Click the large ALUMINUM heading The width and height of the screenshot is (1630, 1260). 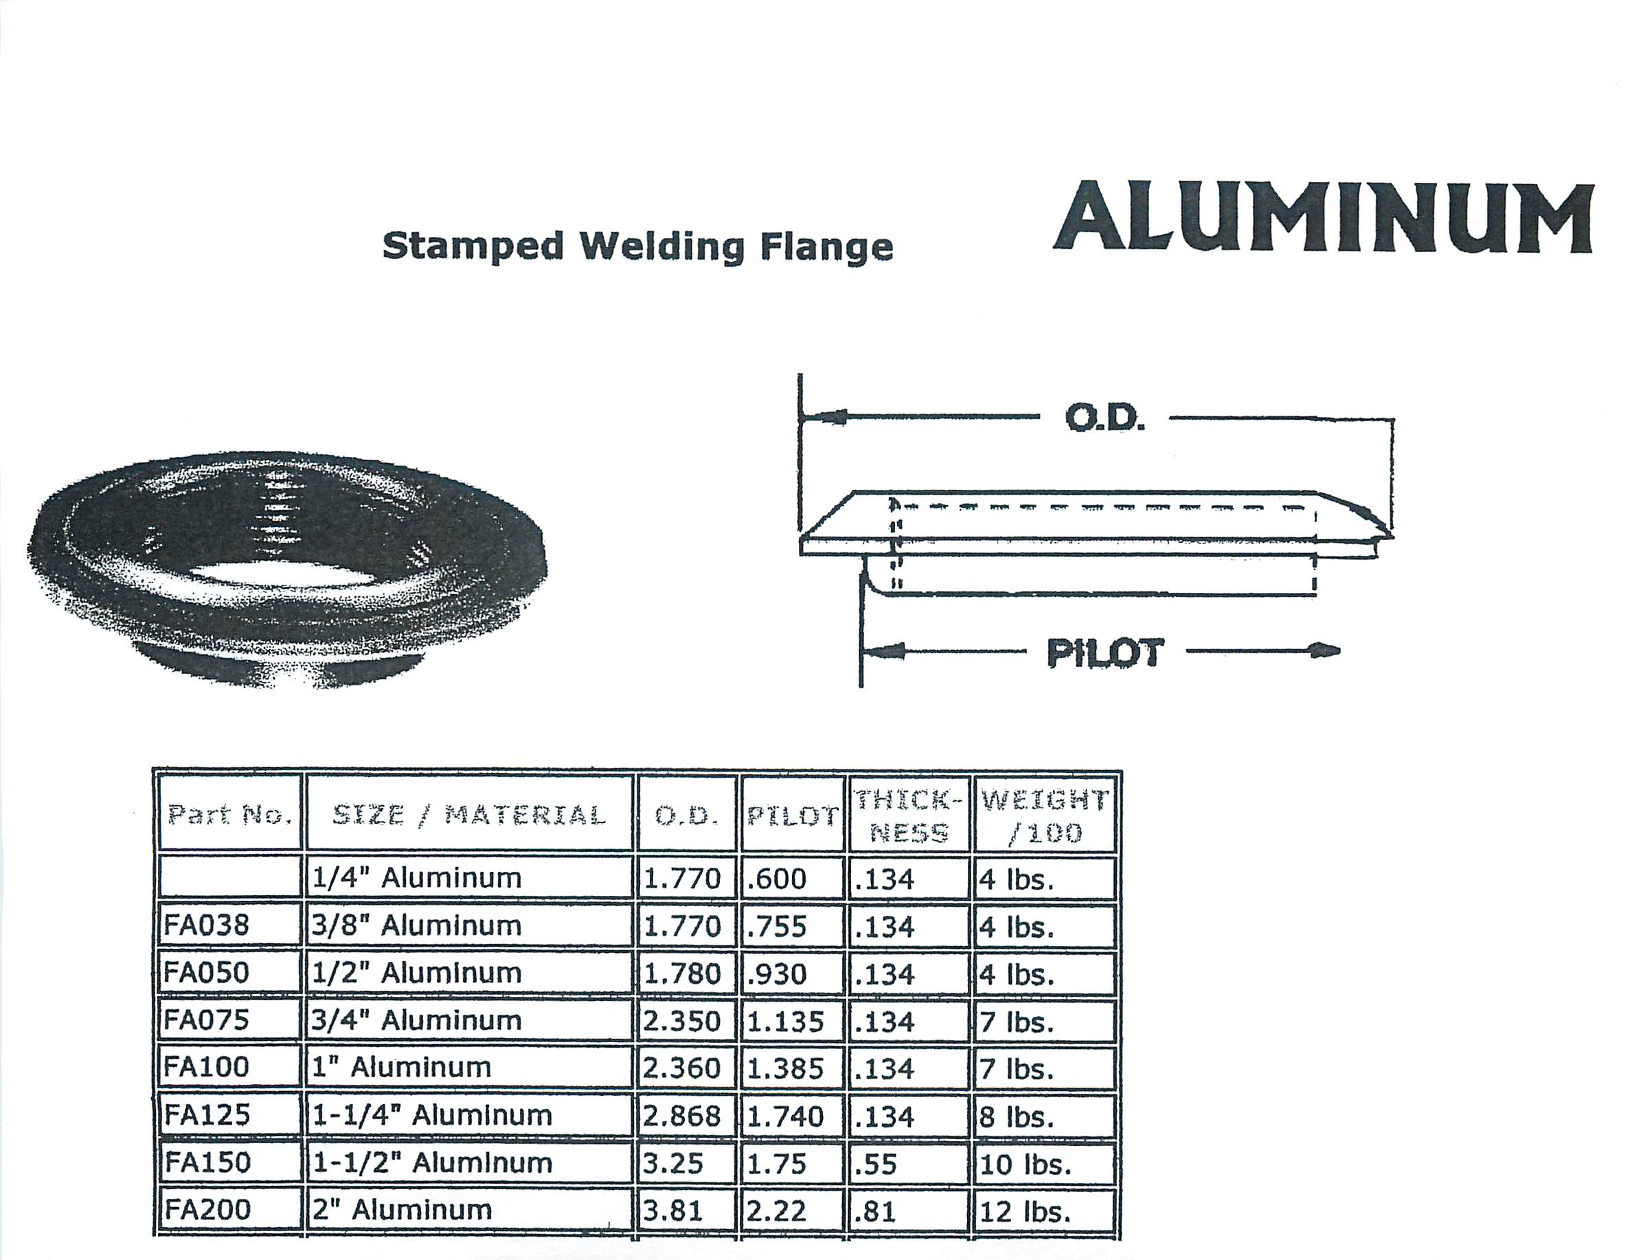[x=1323, y=217]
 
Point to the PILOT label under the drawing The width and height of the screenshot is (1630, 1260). [x=1105, y=653]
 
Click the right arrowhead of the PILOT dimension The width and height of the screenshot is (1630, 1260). [x=1325, y=651]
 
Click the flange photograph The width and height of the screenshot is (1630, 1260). [x=287, y=569]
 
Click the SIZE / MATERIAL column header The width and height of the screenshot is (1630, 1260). [x=468, y=814]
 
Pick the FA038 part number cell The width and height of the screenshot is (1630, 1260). [x=207, y=925]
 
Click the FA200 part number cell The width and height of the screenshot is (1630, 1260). [x=207, y=1209]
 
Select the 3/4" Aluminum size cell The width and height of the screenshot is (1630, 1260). [x=416, y=1020]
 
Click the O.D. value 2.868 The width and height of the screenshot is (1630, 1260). [x=682, y=1115]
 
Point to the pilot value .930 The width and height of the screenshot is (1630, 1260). [x=776, y=974]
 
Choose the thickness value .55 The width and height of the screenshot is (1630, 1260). [x=876, y=1163]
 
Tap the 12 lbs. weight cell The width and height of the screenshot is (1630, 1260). [x=1025, y=1211]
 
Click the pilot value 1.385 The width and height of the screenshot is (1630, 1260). [x=785, y=1068]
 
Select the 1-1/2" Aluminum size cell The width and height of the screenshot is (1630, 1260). [x=432, y=1162]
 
